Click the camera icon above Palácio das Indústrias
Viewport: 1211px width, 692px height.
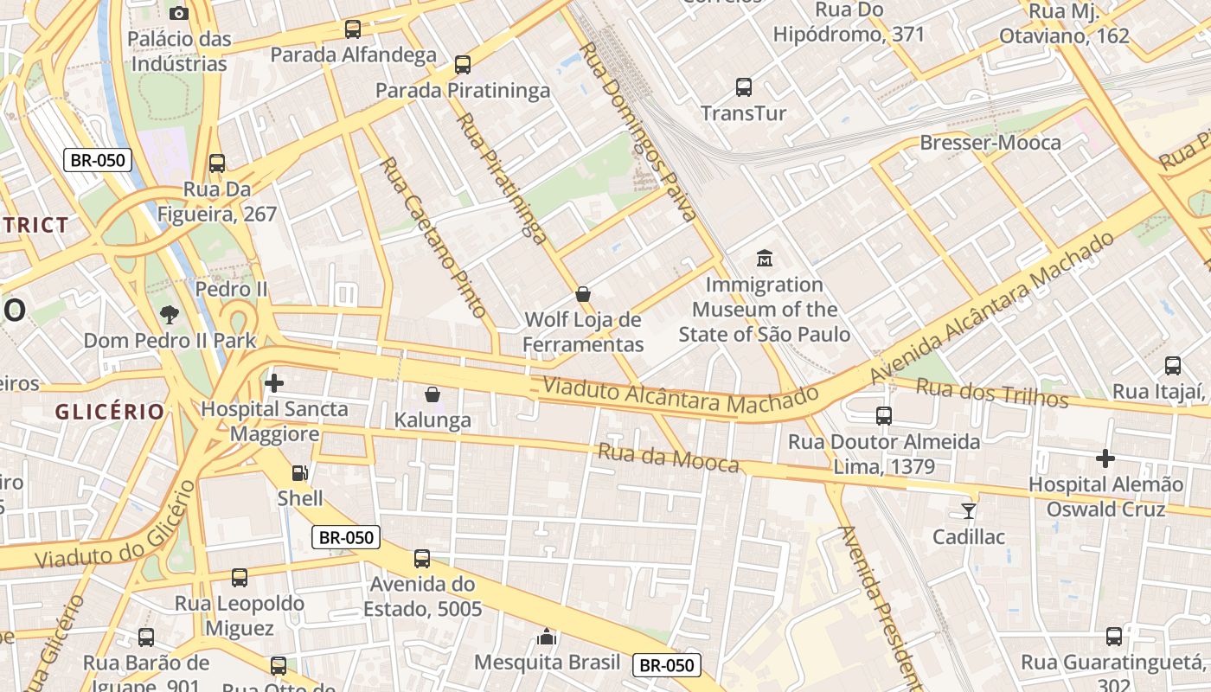pos(179,13)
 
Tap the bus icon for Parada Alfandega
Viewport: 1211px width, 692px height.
pos(353,29)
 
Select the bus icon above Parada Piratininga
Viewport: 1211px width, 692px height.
pos(463,64)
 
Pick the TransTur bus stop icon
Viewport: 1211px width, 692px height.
pos(744,86)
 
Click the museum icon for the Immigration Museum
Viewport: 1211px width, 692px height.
pos(765,258)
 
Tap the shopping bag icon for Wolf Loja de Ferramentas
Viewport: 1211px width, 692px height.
pos(584,294)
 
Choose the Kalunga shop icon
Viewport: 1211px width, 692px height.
pos(432,394)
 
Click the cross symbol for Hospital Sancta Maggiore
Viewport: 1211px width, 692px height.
pos(274,382)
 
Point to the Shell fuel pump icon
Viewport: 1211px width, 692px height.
pos(299,472)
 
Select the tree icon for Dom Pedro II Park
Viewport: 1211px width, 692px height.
pos(170,315)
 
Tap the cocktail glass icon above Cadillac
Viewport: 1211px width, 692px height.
pos(969,510)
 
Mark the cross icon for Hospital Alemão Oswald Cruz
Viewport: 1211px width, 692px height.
pos(1105,458)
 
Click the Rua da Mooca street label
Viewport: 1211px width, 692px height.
pos(669,458)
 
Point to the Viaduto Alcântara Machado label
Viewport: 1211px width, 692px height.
pos(680,396)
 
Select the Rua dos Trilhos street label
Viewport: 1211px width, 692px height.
pos(992,393)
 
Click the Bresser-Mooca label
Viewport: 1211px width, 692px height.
pos(990,143)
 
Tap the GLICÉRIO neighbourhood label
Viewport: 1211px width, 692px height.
pos(110,412)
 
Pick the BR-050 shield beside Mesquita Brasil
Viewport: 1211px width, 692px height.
pos(666,665)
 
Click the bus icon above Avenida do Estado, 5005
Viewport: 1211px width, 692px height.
pos(422,559)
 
